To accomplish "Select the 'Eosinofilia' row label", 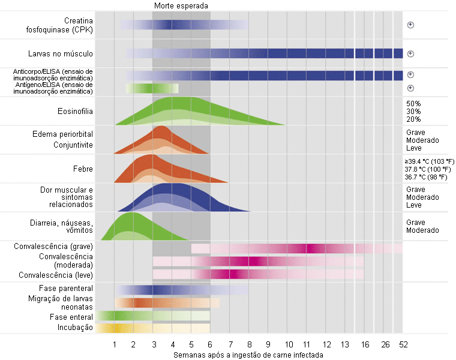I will point(75,111).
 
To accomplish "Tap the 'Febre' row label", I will point(82,169).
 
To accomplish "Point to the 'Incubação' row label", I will point(74,328).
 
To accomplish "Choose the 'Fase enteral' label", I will point(71,316).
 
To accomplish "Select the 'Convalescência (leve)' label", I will point(56,275).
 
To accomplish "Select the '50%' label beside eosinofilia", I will point(413,104).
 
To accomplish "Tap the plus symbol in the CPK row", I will point(411,25).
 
